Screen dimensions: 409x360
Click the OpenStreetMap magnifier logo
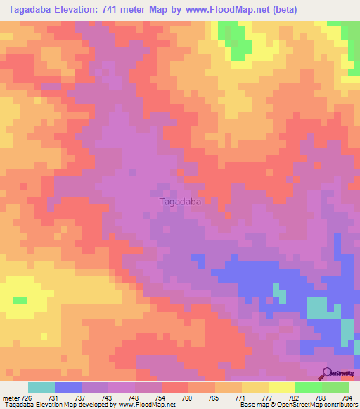[x=328, y=373]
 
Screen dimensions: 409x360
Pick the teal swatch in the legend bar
[x=41, y=387]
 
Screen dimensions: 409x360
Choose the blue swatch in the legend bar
[x=68, y=387]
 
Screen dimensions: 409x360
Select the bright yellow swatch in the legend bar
[x=282, y=387]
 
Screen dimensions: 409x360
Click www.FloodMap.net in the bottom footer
[x=148, y=405]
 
